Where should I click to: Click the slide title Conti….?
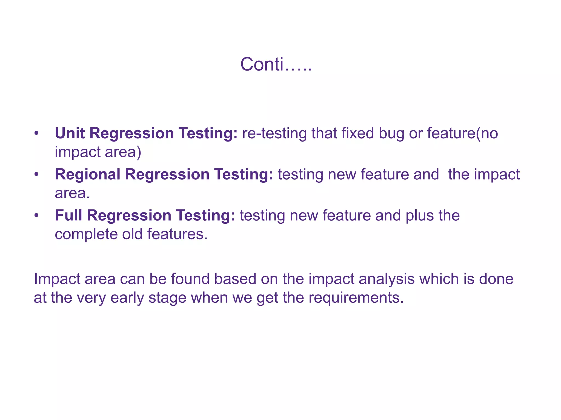(276, 65)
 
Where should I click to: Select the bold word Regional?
(88, 175)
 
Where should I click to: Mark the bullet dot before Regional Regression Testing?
(36, 175)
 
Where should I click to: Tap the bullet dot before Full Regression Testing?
(36, 216)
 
